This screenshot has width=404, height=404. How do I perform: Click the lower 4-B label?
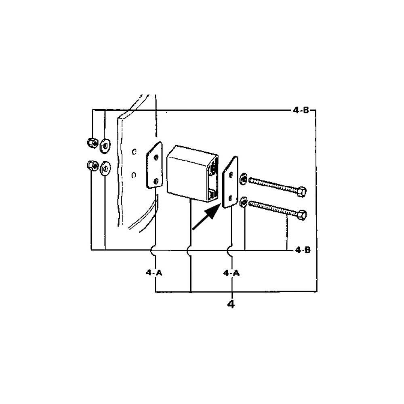tap(303, 250)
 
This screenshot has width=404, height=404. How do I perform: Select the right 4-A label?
tap(231, 273)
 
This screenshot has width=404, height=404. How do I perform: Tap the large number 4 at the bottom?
tap(231, 303)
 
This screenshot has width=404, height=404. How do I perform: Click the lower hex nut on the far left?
tap(91, 165)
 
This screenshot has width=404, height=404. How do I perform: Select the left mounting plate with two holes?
tap(154, 166)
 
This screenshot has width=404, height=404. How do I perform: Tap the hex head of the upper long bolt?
tap(301, 192)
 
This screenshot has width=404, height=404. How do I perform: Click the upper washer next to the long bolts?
tap(244, 179)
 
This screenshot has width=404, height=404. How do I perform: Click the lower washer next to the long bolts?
tap(244, 202)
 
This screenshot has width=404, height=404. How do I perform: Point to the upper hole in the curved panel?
tap(134, 152)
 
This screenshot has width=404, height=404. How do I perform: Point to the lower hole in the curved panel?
tap(134, 175)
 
